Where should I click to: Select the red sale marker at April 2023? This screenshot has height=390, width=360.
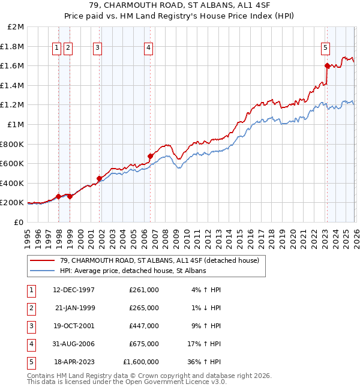(327, 66)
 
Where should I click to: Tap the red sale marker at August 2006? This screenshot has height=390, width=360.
(150, 156)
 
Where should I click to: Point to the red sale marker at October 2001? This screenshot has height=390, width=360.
(99, 178)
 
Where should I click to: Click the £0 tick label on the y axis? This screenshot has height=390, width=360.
(19, 222)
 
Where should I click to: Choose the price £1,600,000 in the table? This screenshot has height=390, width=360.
(141, 362)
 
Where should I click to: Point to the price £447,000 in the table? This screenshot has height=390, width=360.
(144, 326)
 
